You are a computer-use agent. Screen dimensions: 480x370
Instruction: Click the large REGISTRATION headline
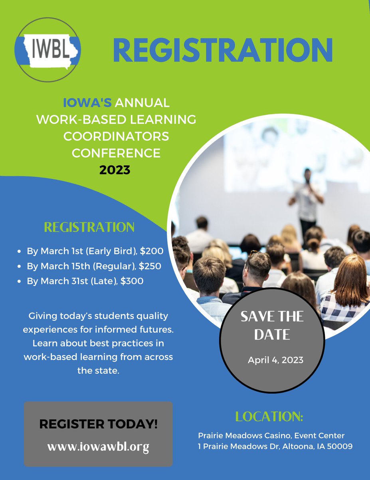(223, 50)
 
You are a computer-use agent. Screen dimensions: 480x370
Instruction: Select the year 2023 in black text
(115, 170)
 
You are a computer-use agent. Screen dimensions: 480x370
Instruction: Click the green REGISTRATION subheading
(89, 227)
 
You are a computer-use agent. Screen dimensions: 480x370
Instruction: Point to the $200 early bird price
(152, 252)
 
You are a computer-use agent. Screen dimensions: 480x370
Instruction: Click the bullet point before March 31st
(19, 282)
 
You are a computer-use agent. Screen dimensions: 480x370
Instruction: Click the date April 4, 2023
(275, 360)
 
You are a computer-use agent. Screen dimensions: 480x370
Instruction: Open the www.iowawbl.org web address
(98, 447)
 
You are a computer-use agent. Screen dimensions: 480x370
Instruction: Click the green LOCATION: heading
(269, 417)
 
